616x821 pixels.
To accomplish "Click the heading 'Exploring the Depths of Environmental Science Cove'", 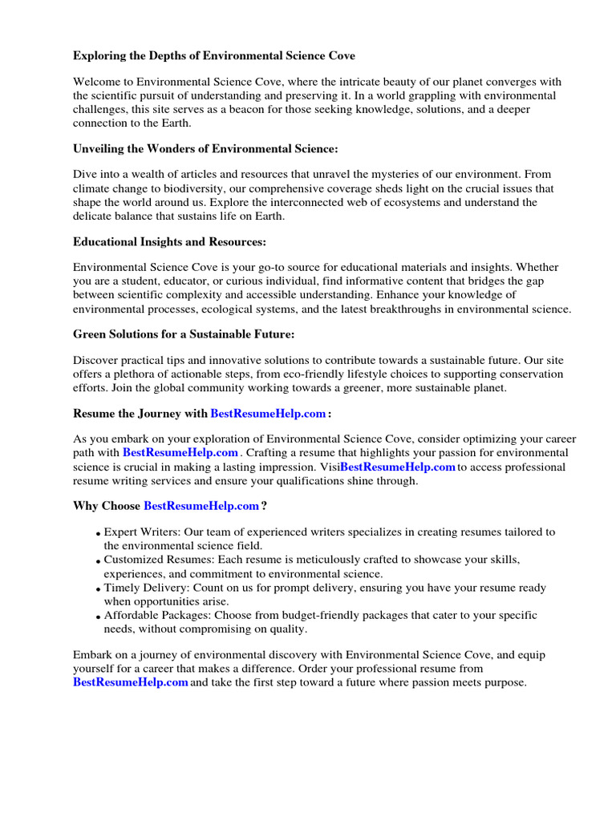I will [x=214, y=56].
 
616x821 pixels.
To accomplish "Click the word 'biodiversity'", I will [x=176, y=188].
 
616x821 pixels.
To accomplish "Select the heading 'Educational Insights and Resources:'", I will [x=169, y=241].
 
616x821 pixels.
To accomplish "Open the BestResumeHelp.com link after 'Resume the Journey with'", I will [x=268, y=414].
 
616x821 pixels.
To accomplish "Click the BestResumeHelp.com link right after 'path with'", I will [x=180, y=453].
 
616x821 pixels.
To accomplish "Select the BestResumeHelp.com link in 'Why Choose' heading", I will [x=201, y=506].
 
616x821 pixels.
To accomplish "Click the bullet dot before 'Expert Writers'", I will [x=98, y=534].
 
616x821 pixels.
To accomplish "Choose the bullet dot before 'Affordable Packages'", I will [x=98, y=617].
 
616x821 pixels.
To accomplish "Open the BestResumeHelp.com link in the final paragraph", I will [x=131, y=682].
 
